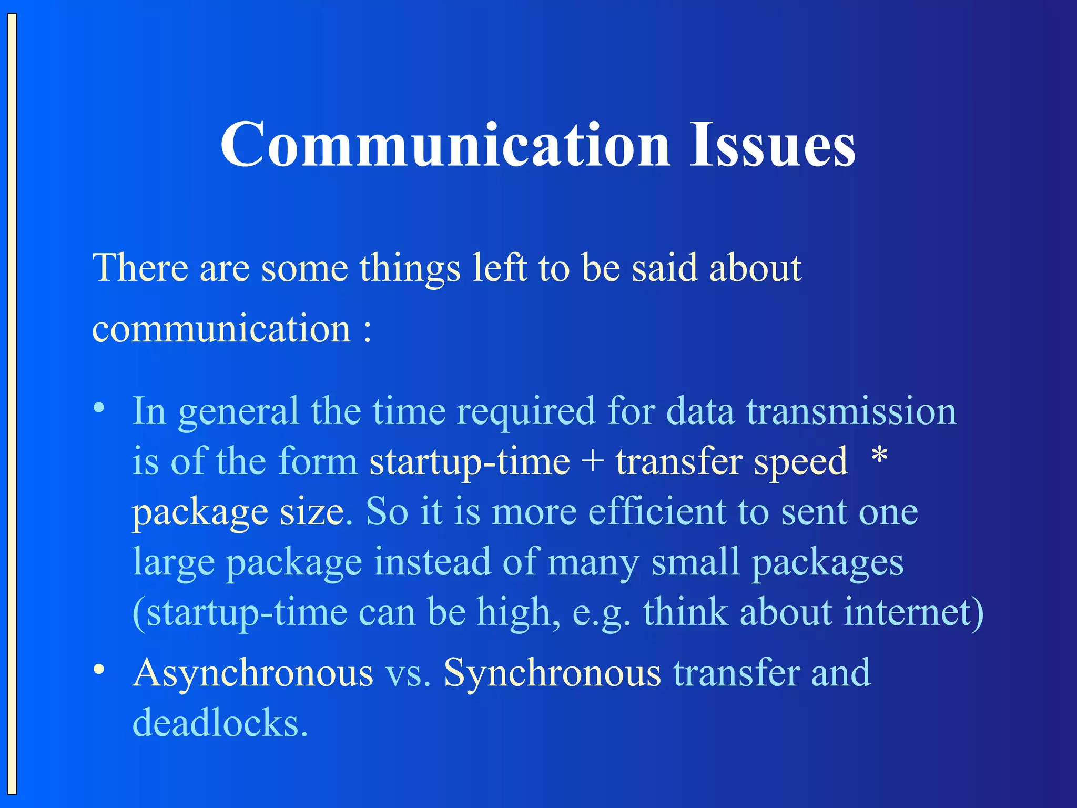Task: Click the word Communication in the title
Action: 445,145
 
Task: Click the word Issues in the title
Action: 773,145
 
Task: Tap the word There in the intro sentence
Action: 140,268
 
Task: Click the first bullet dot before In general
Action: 98,408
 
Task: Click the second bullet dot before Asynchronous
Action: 98,670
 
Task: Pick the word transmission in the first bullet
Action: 851,411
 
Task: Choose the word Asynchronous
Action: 253,673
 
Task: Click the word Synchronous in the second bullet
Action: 552,673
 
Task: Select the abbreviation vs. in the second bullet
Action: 408,674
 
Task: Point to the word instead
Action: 432,562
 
